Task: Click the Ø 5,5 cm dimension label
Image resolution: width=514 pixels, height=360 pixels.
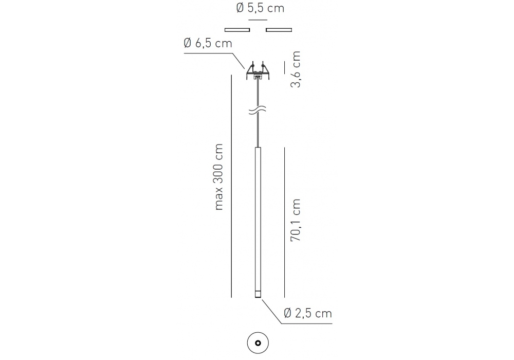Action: (260, 8)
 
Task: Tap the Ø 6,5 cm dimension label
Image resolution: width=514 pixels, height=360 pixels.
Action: (208, 43)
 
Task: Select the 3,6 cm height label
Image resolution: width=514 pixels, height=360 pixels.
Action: (296, 69)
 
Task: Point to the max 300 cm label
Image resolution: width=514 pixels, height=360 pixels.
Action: (218, 177)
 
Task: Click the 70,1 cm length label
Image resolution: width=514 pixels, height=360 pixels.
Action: (296, 220)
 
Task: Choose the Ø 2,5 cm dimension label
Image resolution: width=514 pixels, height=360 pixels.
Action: (308, 313)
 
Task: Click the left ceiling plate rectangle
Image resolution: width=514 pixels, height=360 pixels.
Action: (237, 30)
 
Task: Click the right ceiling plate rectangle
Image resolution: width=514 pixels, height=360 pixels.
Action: (279, 30)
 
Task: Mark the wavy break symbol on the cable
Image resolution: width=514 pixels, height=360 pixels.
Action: (258, 110)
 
